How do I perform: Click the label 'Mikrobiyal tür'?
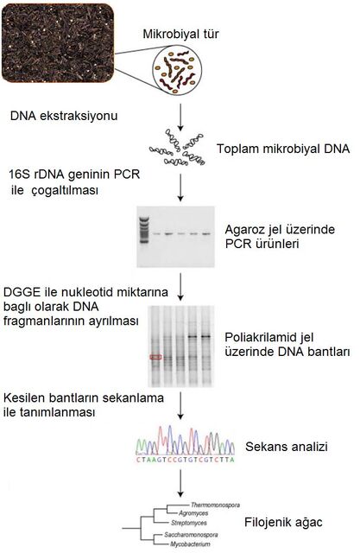pos(180,34)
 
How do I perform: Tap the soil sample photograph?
pos(58,43)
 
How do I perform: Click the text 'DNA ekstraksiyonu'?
pos(64,116)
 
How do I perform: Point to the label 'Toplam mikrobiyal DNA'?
pos(283,149)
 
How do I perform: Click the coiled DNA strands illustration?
pos(177,148)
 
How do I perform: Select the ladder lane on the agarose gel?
pos(144,230)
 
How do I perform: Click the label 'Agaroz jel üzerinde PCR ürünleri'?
pos(280,236)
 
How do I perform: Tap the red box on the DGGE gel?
pos(155,357)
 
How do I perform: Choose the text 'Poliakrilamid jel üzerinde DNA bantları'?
pos(287,345)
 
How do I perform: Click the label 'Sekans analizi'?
pos(287,447)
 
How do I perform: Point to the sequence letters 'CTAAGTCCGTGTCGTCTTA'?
pos(186,460)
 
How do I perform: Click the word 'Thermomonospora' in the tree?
pos(215,505)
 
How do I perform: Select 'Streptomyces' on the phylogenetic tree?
pos(189,523)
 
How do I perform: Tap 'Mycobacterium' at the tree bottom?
pos(190,544)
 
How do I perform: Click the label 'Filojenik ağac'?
pos(283,522)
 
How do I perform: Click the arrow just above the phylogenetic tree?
pos(180,483)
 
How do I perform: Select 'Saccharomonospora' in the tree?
pos(191,535)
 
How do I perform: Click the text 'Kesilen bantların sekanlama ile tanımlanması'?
pos(84,405)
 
